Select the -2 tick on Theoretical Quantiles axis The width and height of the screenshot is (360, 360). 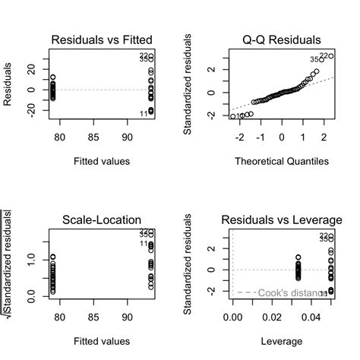click(240, 138)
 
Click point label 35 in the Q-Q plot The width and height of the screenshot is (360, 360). click(314, 60)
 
